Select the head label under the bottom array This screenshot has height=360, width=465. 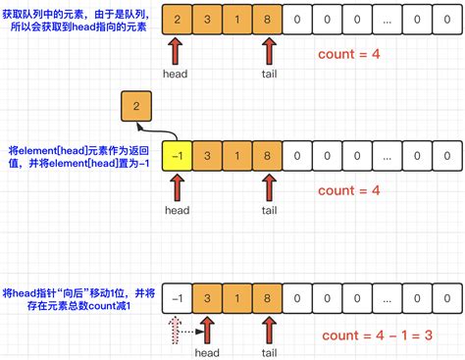point(207,351)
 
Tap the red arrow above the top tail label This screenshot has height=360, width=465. point(267,50)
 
